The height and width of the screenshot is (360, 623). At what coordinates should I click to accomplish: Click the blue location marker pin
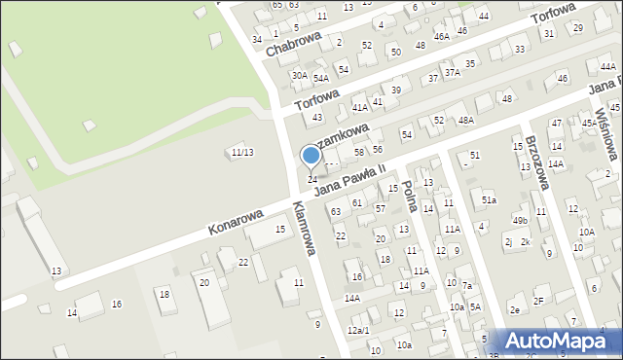pos(311,156)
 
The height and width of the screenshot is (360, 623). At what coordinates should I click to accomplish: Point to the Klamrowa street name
pos(304,228)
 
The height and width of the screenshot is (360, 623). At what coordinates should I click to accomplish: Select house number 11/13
pos(241,152)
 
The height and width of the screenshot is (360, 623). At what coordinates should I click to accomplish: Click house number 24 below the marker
pos(311,180)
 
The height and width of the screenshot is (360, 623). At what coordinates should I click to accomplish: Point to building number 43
pos(316,118)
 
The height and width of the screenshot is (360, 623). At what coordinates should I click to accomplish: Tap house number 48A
pos(466,121)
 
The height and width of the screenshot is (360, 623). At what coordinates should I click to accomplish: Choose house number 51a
pos(490,199)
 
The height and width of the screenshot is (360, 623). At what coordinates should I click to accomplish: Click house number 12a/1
pos(358,331)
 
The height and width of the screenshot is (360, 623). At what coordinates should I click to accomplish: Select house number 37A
pos(452,71)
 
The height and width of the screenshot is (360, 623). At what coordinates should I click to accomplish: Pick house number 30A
pos(300,75)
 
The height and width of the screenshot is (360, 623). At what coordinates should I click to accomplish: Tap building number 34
pos(257,39)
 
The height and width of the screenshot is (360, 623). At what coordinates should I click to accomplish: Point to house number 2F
pos(538,302)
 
